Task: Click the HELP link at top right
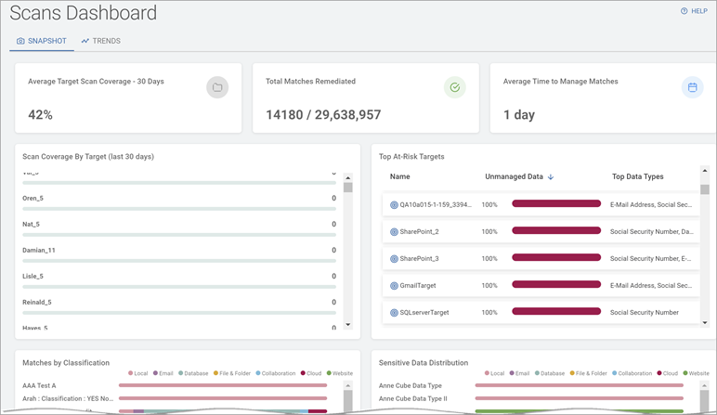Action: click(694, 11)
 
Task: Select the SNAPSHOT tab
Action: click(44, 41)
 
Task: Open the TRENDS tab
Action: click(100, 41)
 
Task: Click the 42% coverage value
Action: click(40, 115)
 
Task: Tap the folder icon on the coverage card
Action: click(216, 87)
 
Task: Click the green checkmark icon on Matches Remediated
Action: click(454, 87)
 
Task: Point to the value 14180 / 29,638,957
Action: click(323, 115)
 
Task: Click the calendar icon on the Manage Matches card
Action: click(692, 87)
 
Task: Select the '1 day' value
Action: click(520, 115)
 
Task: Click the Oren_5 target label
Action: click(32, 198)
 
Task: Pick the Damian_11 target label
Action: click(39, 250)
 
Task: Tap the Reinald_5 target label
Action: click(37, 302)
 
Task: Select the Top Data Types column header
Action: click(637, 176)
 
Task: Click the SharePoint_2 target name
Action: click(419, 231)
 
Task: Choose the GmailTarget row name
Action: click(417, 285)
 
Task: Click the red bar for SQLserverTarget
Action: click(556, 312)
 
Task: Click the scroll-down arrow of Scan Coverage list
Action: click(348, 324)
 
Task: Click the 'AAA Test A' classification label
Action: click(39, 385)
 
